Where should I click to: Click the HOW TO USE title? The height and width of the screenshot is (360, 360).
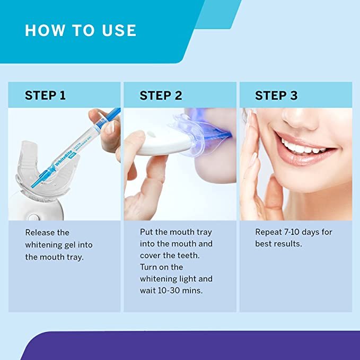pyautogui.click(x=81, y=30)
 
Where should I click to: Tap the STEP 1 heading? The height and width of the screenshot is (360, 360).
pyautogui.click(x=45, y=95)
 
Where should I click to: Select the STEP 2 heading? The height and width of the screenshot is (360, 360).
pyautogui.click(x=161, y=95)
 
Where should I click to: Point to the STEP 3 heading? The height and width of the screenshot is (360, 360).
pyautogui.click(x=276, y=95)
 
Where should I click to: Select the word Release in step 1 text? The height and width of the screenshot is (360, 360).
pyautogui.click(x=40, y=232)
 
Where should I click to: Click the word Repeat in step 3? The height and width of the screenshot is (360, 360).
pyautogui.click(x=270, y=232)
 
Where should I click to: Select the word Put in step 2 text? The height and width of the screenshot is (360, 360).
pyautogui.click(x=147, y=232)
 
